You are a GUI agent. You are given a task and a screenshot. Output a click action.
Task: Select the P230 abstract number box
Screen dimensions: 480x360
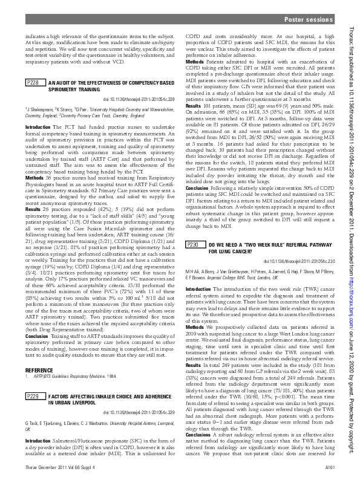(194, 245)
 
